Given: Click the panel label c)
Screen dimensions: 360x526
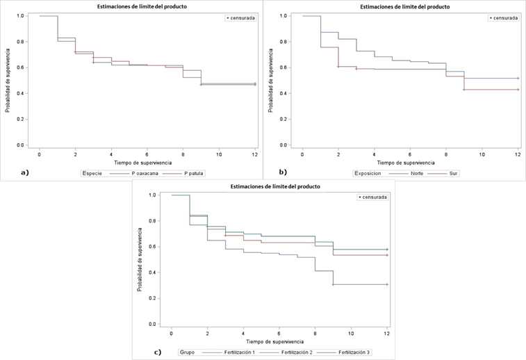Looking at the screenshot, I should tap(157, 351).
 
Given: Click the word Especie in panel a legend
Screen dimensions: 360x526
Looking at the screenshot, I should tap(93, 172).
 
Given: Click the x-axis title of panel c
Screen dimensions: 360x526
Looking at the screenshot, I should tap(279, 341).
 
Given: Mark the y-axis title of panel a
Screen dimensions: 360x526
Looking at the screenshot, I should tap(7, 79).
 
